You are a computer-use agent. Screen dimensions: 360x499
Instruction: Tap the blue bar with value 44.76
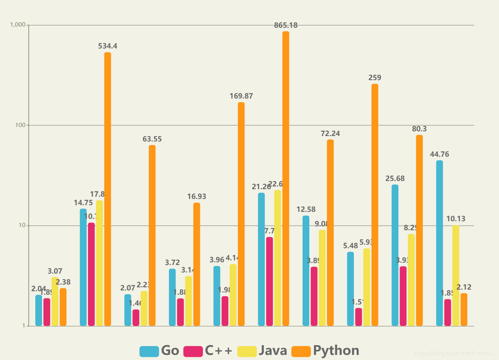click(x=440, y=243)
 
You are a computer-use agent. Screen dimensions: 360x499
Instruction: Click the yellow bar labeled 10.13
click(x=456, y=275)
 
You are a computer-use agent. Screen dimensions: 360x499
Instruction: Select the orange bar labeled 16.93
click(x=197, y=264)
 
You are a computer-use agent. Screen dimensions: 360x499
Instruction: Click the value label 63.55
click(x=152, y=139)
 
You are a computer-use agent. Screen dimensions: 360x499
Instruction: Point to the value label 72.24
click(x=330, y=134)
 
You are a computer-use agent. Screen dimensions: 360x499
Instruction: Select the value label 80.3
click(x=419, y=129)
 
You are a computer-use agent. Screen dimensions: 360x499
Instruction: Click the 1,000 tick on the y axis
click(x=18, y=25)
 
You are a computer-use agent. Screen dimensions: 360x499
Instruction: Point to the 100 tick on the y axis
click(x=20, y=125)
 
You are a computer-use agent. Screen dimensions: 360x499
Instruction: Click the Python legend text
click(x=336, y=351)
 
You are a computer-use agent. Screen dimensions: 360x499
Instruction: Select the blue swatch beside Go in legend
click(x=149, y=351)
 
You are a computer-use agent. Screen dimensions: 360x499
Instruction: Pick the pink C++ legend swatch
click(x=193, y=351)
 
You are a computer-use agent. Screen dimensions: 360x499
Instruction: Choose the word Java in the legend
click(x=273, y=351)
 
